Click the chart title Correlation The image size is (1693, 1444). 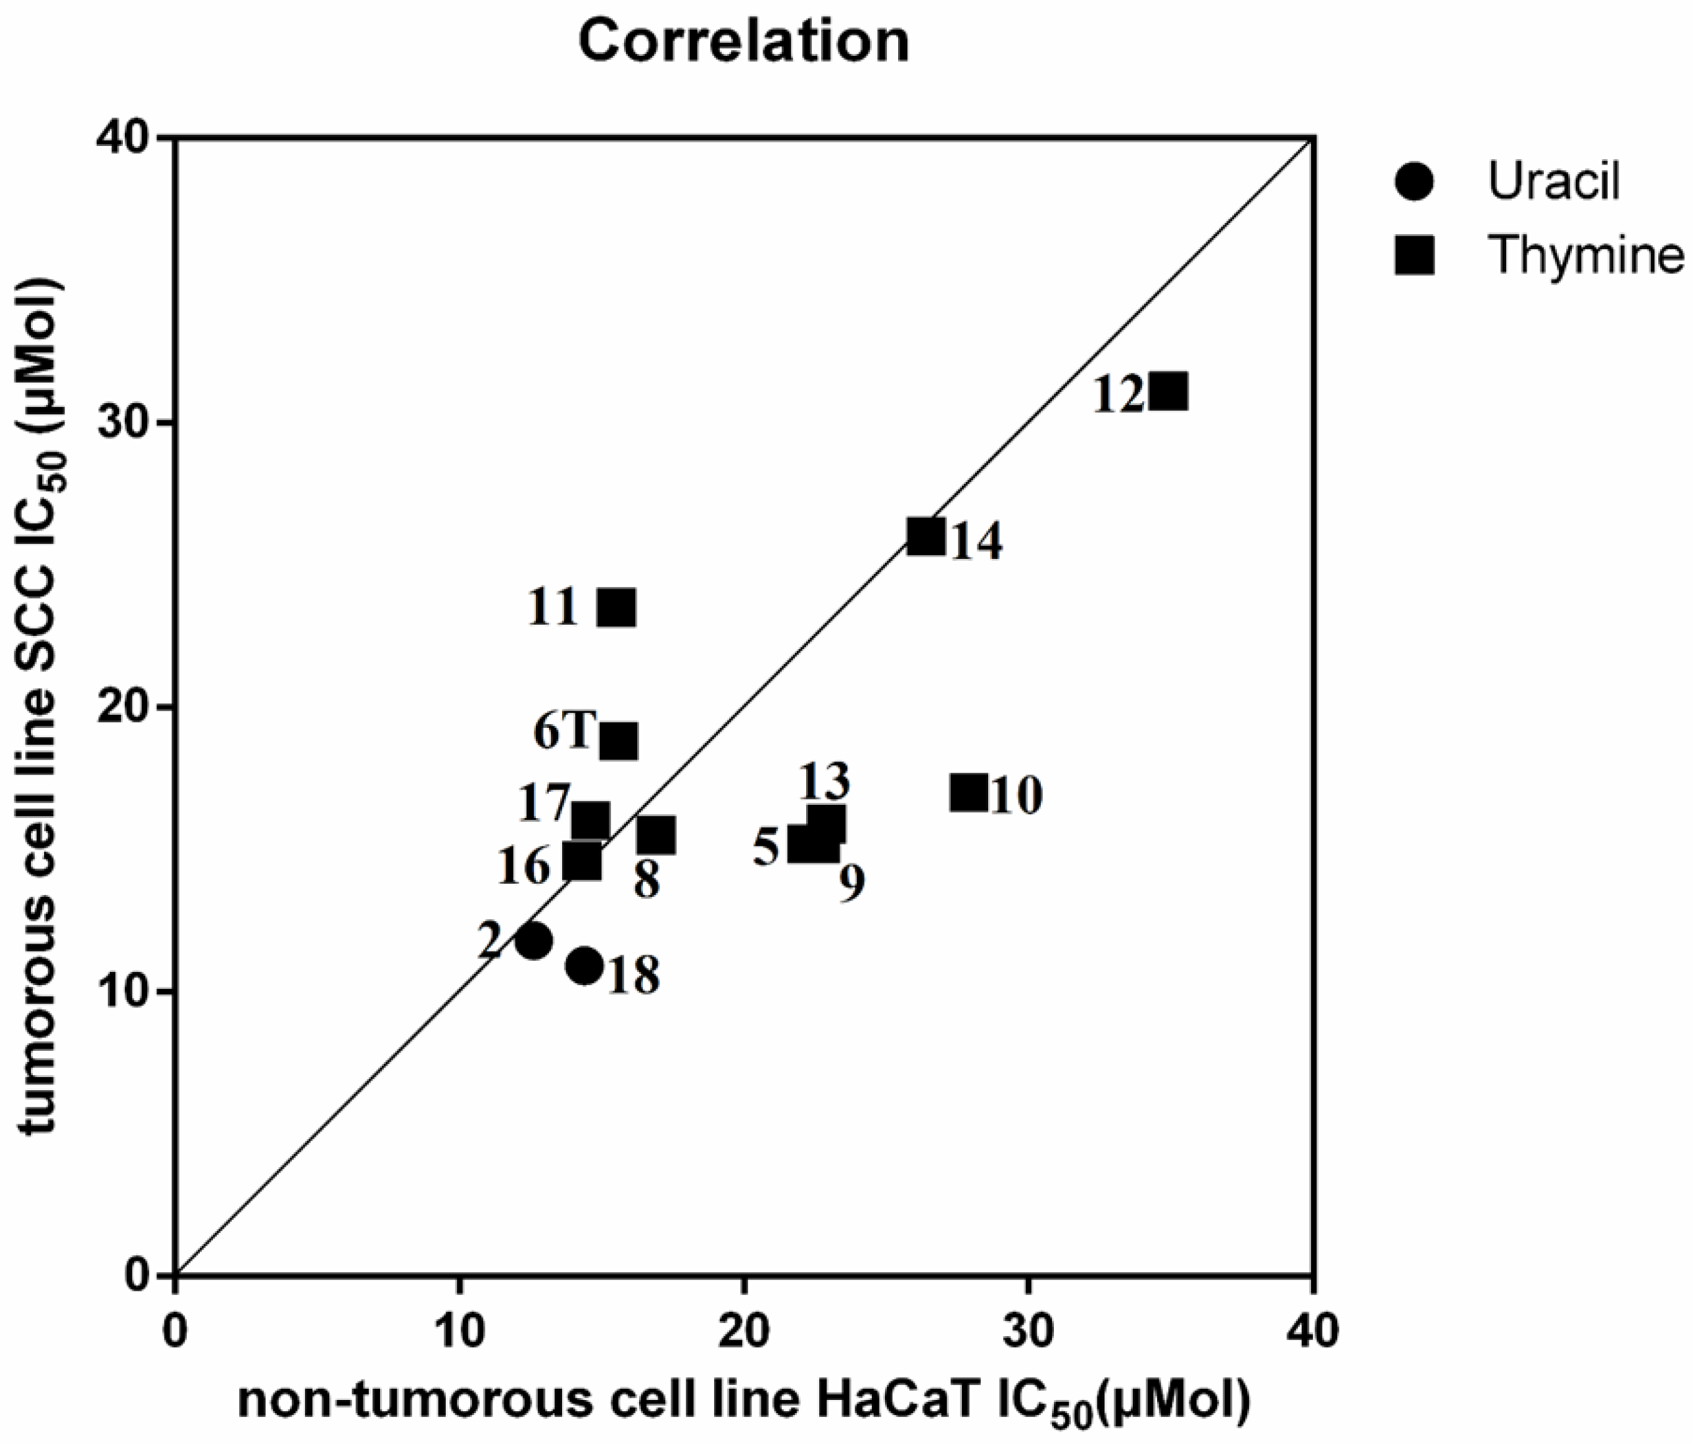pyautogui.click(x=743, y=41)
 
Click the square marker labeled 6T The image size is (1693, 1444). pyautogui.click(x=619, y=741)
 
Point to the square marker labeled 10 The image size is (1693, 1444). pyautogui.click(x=969, y=792)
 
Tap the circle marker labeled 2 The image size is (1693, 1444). pyautogui.click(x=534, y=940)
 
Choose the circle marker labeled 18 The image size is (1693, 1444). pyautogui.click(x=584, y=966)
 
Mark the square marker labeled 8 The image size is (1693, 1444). pyautogui.click(x=656, y=835)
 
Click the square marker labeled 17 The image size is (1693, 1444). pyautogui.click(x=590, y=821)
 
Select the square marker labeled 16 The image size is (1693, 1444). pyautogui.click(x=582, y=861)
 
